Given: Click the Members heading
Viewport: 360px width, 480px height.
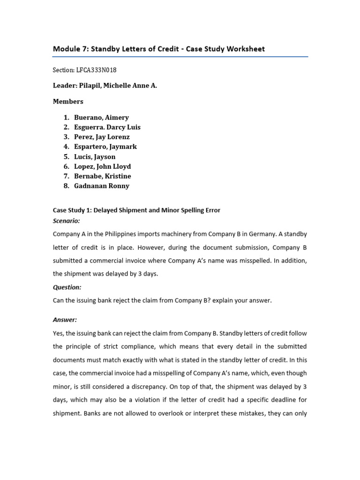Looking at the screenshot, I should point(68,101).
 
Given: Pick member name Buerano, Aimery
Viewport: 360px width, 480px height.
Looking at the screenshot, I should point(101,117).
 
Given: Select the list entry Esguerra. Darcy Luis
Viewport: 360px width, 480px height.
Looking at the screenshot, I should point(107,127).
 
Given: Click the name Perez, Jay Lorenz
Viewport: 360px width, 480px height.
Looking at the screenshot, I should point(102,137).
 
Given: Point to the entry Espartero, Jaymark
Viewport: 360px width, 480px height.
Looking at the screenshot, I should point(105,147).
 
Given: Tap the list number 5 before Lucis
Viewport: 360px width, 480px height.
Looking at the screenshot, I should point(66,157).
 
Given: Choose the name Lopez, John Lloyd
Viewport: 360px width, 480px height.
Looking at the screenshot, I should point(102,166).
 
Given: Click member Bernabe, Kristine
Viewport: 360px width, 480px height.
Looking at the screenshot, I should point(102,176).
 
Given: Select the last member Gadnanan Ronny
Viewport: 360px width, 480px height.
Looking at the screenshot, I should point(101,186).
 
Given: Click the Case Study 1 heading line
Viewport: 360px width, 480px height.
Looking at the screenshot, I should point(136,210).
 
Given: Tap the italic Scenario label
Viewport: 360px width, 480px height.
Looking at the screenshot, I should point(66,220).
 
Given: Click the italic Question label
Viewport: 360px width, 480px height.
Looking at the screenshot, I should point(67,287).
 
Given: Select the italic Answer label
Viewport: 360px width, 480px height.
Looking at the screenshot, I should point(65,320).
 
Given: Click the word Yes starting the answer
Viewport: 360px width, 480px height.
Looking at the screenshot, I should point(59,333).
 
